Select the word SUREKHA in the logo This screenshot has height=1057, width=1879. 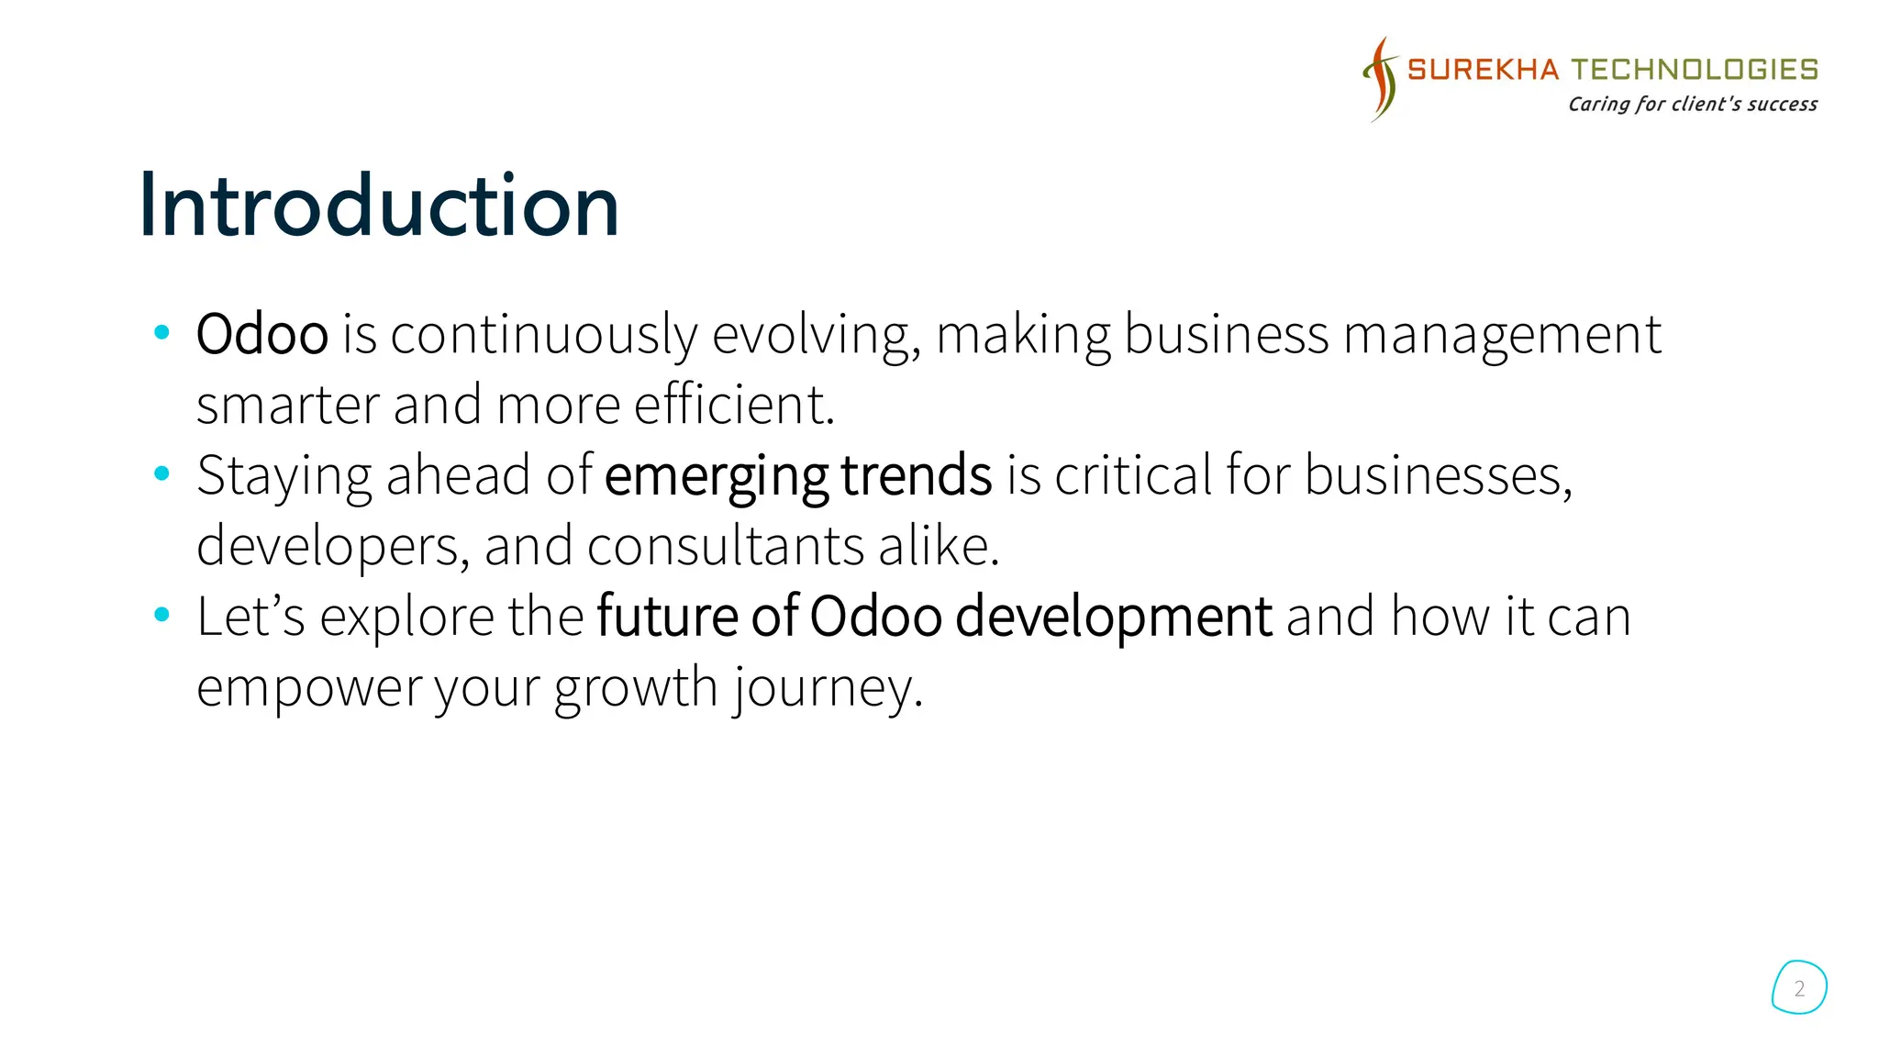(x=1483, y=70)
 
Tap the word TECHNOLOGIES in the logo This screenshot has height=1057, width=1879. (x=1695, y=70)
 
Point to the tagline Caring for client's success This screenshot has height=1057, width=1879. (x=1692, y=104)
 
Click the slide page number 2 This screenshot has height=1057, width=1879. (x=1799, y=988)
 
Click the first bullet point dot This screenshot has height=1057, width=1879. (x=162, y=332)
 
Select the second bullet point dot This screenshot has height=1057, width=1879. (x=162, y=473)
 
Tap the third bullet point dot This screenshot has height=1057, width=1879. (x=162, y=615)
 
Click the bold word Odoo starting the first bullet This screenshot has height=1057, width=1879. (x=262, y=334)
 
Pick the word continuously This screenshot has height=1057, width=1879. (x=544, y=336)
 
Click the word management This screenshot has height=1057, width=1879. (x=1502, y=336)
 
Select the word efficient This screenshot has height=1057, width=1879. (x=734, y=405)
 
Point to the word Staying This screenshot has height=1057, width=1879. (x=284, y=477)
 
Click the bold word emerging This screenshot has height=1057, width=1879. (x=717, y=477)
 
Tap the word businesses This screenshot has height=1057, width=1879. (x=1438, y=475)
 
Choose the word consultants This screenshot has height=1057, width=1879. (x=725, y=546)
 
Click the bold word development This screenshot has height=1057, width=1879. (x=1113, y=618)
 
